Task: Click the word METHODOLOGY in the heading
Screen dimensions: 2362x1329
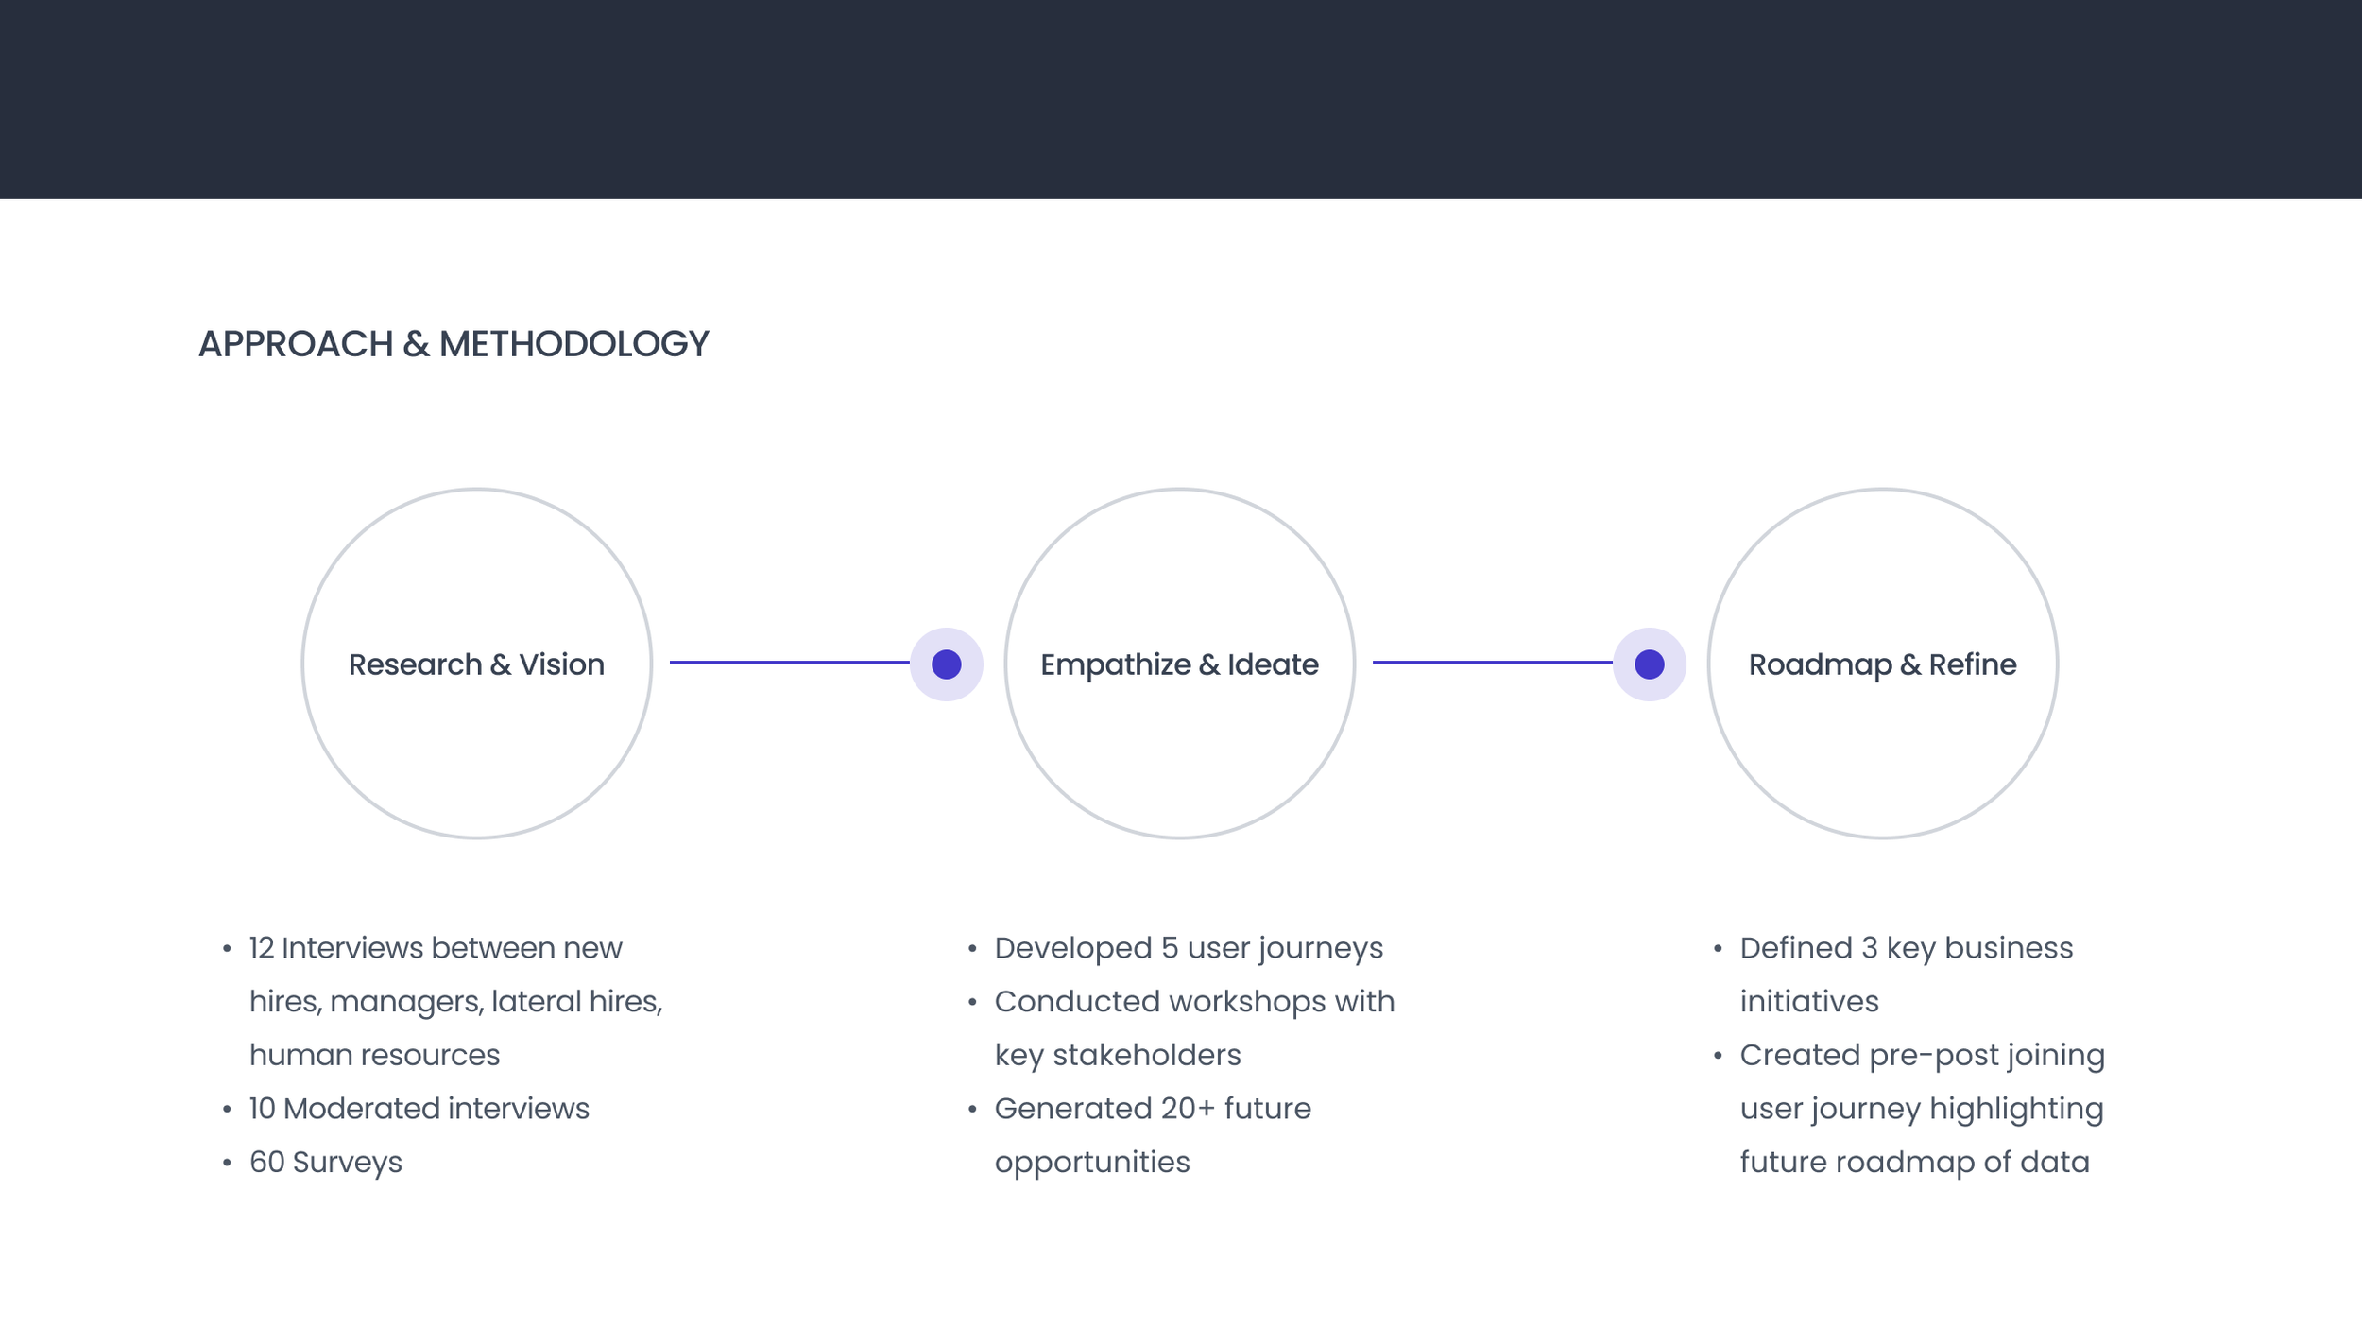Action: [x=573, y=344]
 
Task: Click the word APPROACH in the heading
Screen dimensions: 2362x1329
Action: [x=296, y=344]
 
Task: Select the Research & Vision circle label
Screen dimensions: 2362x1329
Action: [x=476, y=664]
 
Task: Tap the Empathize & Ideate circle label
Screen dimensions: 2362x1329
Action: [x=1179, y=664]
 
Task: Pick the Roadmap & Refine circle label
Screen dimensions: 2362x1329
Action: [x=1882, y=664]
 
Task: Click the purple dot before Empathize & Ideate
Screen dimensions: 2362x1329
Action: [x=946, y=664]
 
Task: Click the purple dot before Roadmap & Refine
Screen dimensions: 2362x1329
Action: [x=1649, y=664]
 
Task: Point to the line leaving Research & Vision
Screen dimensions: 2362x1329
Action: [x=789, y=663]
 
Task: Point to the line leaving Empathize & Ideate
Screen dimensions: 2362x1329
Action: [x=1492, y=663]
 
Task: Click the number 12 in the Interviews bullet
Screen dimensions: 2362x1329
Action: [x=262, y=948]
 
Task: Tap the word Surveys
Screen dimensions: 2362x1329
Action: [x=347, y=1163]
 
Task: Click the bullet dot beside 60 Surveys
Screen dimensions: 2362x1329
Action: [x=227, y=1163]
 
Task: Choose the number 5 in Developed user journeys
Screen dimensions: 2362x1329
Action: [x=1170, y=948]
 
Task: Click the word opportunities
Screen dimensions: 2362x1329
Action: [x=1092, y=1163]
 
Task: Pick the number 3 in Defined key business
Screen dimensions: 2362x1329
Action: [x=1869, y=948]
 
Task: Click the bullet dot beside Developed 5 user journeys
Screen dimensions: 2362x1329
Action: [x=972, y=948]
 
